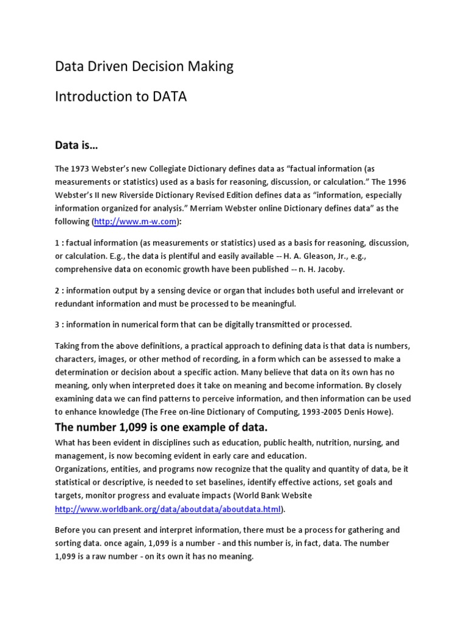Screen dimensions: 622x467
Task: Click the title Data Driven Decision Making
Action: (144, 66)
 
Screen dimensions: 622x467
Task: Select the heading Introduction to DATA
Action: (120, 97)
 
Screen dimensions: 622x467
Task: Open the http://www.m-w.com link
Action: (135, 222)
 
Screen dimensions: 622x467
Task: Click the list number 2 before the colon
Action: (58, 290)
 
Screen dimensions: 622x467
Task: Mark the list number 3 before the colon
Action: (58, 324)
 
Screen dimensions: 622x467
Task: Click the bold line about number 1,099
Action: (161, 427)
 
